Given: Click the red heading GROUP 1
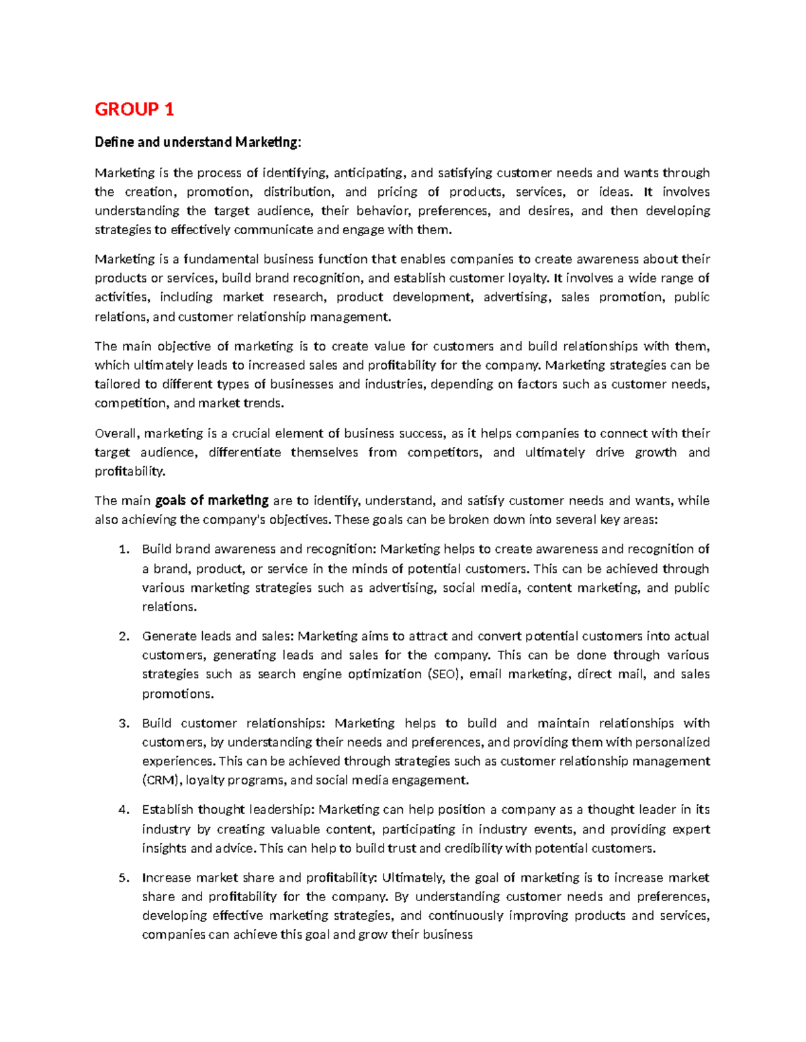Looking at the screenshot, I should pyautogui.click(x=134, y=109).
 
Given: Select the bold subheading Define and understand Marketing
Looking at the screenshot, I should pyautogui.click(x=198, y=142).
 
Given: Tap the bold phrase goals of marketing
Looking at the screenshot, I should pyautogui.click(x=212, y=501).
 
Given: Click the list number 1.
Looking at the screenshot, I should pyautogui.click(x=123, y=550).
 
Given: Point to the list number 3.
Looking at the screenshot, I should pyautogui.click(x=123, y=723).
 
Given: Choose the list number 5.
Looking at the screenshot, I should pyautogui.click(x=123, y=878).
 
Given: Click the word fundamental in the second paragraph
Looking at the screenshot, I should pyautogui.click(x=221, y=260).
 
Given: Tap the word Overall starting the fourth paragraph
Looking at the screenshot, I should pyautogui.click(x=117, y=433).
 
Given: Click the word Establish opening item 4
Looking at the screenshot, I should pyautogui.click(x=167, y=810).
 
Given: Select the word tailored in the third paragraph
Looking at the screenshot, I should pyautogui.click(x=117, y=384).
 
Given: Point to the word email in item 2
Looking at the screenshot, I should pyautogui.click(x=485, y=674).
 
